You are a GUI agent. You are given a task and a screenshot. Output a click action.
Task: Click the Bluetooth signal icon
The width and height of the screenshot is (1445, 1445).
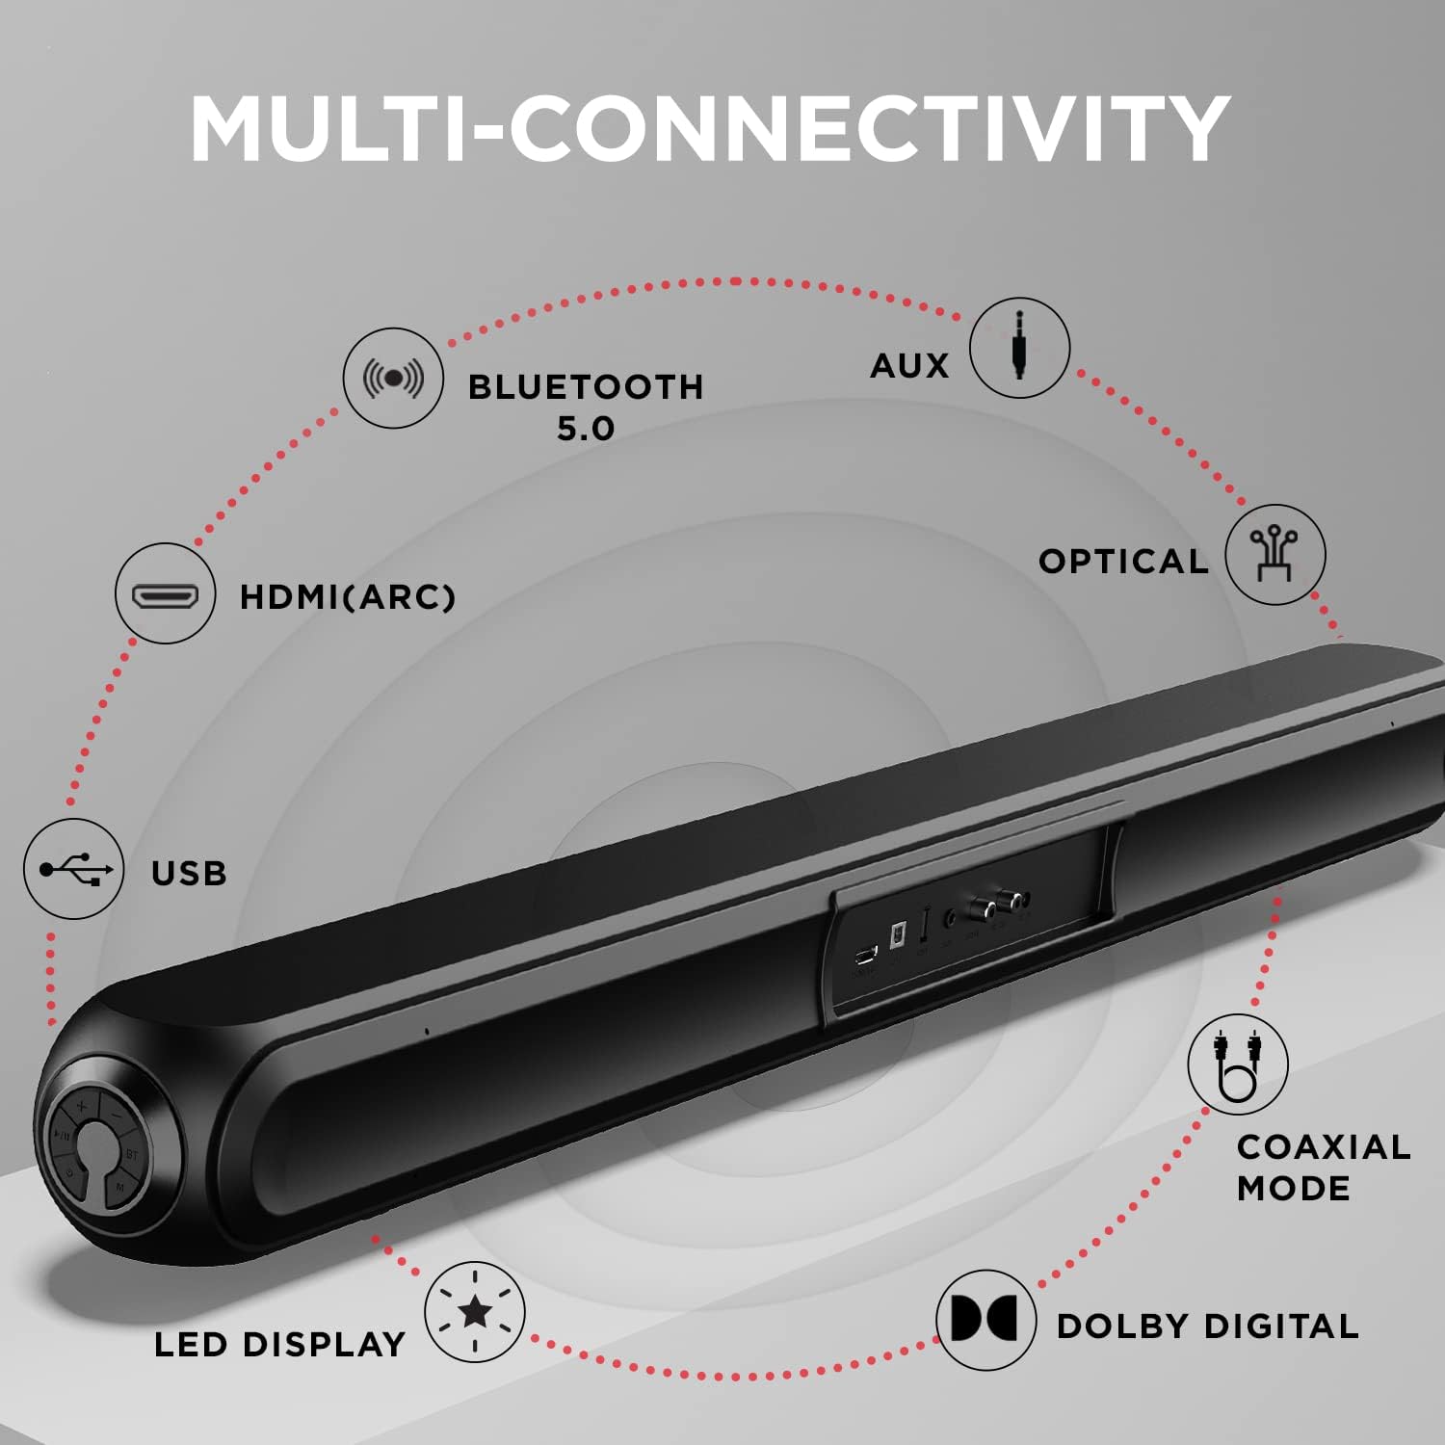tap(393, 379)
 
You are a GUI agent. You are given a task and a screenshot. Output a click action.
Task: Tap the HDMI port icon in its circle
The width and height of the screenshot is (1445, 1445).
tap(165, 594)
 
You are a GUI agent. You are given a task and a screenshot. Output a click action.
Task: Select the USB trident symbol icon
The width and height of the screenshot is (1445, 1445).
tap(75, 869)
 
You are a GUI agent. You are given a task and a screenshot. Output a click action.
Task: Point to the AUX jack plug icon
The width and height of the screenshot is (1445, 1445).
tap(1019, 347)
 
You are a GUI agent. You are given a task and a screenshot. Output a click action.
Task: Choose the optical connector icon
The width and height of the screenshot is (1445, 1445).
tap(1274, 554)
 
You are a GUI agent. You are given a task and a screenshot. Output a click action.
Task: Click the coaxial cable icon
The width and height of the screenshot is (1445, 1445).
tap(1238, 1064)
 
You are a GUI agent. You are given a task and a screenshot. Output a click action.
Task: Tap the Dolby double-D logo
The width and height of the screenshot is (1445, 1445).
tap(985, 1319)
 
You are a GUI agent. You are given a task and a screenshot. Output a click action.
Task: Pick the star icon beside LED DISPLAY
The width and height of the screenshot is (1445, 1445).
tap(475, 1311)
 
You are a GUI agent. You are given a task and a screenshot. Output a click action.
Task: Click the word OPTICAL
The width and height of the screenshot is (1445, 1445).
tap(1123, 561)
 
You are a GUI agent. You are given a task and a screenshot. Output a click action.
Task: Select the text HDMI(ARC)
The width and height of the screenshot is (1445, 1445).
tap(347, 597)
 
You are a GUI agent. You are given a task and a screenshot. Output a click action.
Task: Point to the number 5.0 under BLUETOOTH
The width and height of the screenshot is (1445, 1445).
tap(586, 428)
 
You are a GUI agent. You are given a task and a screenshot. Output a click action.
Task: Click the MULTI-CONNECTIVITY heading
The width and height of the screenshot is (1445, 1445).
tap(710, 129)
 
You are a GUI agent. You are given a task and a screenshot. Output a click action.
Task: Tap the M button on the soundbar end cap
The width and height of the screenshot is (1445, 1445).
tap(120, 1187)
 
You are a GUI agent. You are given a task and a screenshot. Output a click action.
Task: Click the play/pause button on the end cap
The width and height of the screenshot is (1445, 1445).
tap(62, 1136)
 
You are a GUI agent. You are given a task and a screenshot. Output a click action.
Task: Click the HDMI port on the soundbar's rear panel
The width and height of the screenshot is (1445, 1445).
tap(865, 956)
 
